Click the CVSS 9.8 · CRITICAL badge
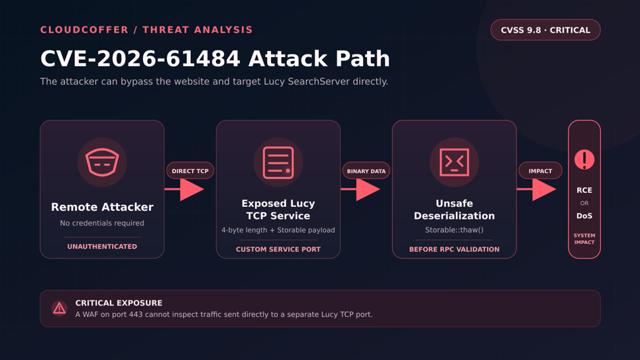[x=545, y=30]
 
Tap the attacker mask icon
[x=102, y=162]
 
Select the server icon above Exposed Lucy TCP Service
[x=278, y=162]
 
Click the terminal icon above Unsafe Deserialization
[x=454, y=162]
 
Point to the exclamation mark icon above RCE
[x=584, y=159]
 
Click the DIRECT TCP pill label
[x=190, y=171]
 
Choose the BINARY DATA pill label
[x=366, y=171]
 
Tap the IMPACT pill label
[x=541, y=171]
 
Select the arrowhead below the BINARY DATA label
[x=368, y=189]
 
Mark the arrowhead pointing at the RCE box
[x=544, y=189]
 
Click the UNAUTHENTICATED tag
[x=102, y=247]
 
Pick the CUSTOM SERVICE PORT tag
[x=278, y=249]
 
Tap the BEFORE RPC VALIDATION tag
[x=454, y=249]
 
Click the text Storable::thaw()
[x=454, y=230]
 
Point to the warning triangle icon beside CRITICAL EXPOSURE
[x=59, y=308]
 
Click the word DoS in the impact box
[x=584, y=215]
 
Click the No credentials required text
[x=102, y=223]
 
